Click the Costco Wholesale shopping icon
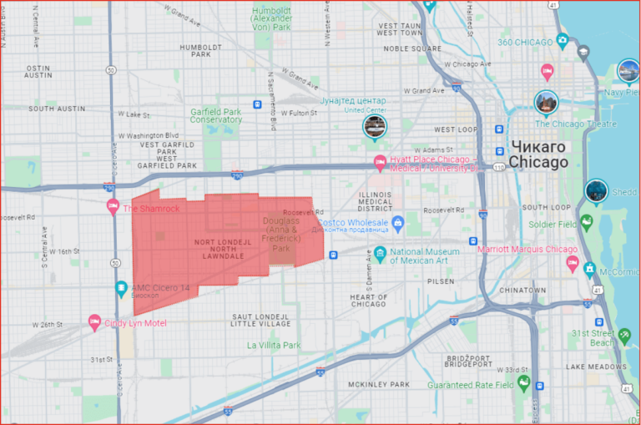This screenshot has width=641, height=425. click(398, 223)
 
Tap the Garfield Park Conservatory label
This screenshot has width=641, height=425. click(215, 115)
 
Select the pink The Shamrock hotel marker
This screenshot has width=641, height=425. click(113, 208)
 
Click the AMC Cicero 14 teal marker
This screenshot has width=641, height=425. click(121, 289)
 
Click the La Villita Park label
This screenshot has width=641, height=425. click(273, 345)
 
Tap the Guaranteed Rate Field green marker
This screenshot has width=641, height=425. click(523, 384)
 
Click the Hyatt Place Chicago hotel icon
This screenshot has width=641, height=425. click(380, 164)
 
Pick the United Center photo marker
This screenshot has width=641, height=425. click(375, 126)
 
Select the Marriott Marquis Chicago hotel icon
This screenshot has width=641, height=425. click(573, 264)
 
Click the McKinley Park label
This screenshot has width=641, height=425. click(379, 384)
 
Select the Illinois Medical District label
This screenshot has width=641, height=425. click(375, 201)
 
